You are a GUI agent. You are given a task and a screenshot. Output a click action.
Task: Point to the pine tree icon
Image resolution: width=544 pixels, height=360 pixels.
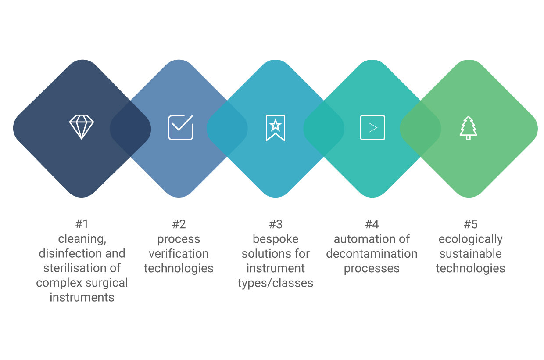(x=469, y=128)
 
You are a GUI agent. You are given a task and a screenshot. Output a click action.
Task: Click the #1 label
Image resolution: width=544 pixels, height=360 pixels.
(x=82, y=224)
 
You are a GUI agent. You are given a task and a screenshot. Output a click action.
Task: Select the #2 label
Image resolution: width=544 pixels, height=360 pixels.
(x=179, y=224)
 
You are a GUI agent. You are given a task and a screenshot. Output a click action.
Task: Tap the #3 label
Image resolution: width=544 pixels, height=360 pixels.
(x=276, y=224)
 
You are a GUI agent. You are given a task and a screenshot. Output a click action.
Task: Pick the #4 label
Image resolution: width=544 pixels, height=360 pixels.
(x=372, y=224)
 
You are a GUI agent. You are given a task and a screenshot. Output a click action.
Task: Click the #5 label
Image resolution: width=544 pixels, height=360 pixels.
(x=471, y=224)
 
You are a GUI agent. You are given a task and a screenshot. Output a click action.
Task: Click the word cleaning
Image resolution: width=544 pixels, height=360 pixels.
(x=82, y=239)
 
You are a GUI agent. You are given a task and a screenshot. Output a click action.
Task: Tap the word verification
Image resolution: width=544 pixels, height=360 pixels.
(x=179, y=254)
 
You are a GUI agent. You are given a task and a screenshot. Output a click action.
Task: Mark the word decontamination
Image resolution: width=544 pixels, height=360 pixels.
(x=372, y=254)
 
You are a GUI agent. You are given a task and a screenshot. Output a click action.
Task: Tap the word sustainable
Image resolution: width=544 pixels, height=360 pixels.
(x=471, y=254)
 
